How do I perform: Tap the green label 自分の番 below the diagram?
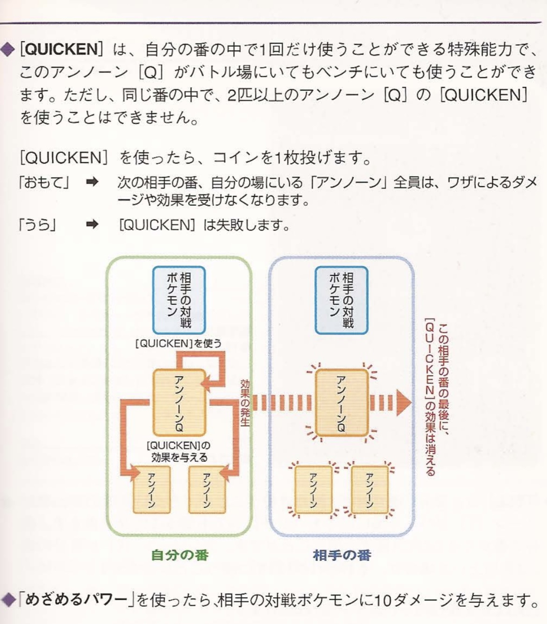[180, 555]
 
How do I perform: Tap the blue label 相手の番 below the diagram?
[342, 555]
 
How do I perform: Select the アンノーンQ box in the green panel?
[179, 403]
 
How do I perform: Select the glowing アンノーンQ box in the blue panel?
[342, 403]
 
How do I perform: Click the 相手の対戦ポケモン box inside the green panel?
[179, 300]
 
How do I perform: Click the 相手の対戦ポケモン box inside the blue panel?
[342, 300]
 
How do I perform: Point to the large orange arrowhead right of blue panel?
[404, 403]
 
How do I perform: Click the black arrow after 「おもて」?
[92, 182]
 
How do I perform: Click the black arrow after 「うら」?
[92, 224]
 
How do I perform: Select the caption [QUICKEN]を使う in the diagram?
[179, 343]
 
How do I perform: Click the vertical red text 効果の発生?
[245, 403]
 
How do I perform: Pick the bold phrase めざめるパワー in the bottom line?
[76, 599]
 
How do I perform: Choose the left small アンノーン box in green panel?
[152, 490]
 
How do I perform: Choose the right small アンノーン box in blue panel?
[370, 490]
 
